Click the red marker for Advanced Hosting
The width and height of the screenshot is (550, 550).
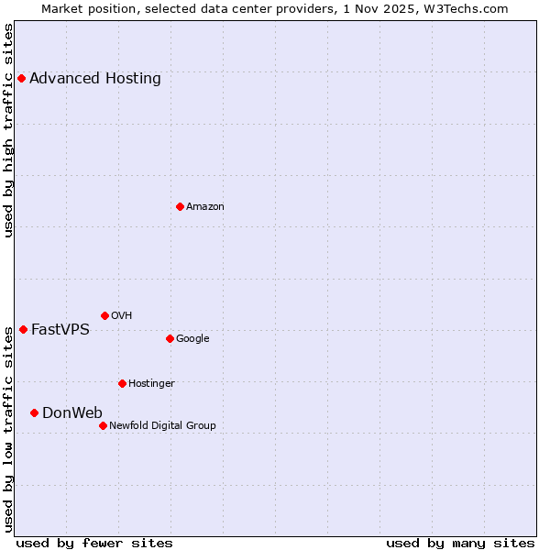coord(21,78)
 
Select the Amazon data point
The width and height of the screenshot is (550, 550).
coord(180,206)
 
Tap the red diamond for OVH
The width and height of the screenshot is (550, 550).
coord(104,315)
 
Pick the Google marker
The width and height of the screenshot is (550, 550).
coord(170,338)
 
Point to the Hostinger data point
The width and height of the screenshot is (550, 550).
coord(122,383)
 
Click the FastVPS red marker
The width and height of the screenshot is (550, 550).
coord(23,329)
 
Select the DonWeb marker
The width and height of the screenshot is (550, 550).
coord(34,412)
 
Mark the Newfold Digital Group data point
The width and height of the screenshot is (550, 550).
coord(103,425)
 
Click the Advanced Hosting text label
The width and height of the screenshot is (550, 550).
coord(95,78)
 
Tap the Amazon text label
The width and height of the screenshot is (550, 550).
coord(205,206)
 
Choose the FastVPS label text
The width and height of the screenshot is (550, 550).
coord(60,329)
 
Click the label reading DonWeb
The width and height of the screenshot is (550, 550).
coord(72,412)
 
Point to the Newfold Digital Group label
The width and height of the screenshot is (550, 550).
coord(162,425)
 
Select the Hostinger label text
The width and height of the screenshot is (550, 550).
coord(151,383)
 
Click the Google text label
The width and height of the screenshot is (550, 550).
coord(192,338)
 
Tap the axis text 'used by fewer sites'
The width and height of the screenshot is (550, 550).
coord(94,543)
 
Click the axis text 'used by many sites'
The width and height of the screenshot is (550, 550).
coord(460,543)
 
